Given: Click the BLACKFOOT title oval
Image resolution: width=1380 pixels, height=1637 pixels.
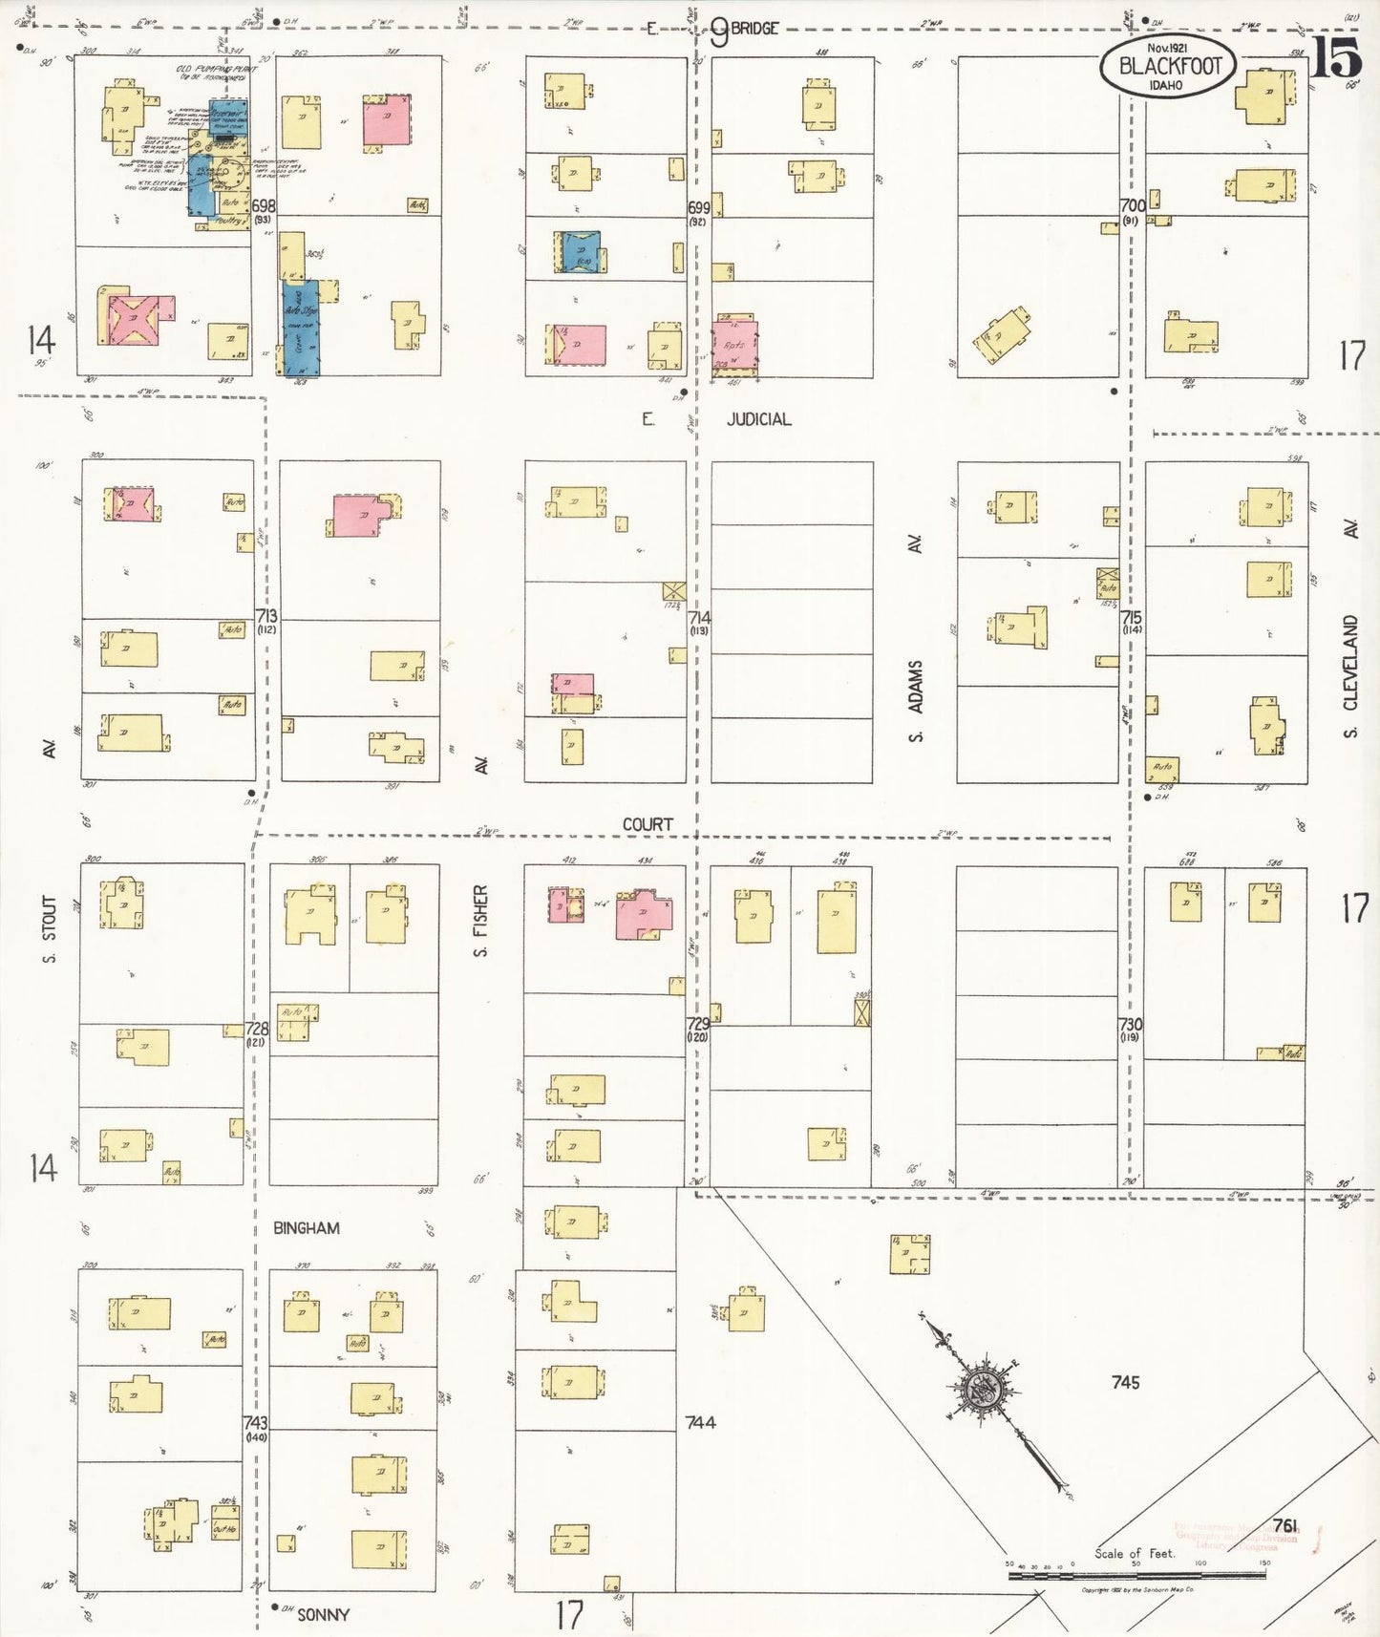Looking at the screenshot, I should click(x=1168, y=67).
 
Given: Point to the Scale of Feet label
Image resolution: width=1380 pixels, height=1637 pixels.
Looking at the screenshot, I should click(x=1134, y=1554).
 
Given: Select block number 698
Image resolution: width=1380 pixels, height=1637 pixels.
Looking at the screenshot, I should click(x=264, y=205).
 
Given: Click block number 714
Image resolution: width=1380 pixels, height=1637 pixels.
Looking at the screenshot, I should click(x=698, y=618).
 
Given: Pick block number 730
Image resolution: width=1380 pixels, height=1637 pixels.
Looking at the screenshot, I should click(x=1131, y=1024).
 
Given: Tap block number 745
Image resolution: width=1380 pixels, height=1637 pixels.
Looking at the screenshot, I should click(x=1125, y=1382).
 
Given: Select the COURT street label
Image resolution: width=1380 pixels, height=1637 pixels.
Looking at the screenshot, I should click(x=648, y=824).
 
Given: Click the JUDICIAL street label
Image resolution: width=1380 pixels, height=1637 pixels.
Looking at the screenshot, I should click(x=758, y=419).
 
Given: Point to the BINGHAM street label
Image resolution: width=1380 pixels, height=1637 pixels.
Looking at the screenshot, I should click(x=306, y=1228).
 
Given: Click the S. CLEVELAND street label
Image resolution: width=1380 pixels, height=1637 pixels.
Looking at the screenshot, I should click(x=1349, y=676).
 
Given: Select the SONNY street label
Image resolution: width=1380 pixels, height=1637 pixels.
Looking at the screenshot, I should click(x=323, y=1615).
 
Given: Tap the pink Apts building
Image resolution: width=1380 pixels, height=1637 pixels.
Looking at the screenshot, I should click(x=734, y=345).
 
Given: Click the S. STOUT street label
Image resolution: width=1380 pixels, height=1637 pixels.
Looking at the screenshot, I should click(x=50, y=929).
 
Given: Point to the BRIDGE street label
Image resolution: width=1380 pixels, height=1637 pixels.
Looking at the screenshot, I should click(x=754, y=29).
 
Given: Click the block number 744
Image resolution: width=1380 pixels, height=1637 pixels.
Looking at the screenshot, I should click(x=700, y=1422).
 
